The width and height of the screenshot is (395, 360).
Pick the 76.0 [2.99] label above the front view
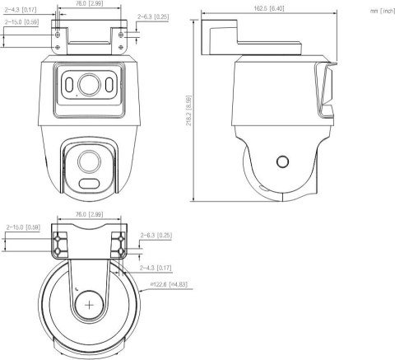pos(87,3)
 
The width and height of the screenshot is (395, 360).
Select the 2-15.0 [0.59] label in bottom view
pos(23,227)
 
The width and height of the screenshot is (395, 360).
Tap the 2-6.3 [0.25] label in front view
pos(154,16)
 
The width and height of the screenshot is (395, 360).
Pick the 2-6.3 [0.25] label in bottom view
pos(156,236)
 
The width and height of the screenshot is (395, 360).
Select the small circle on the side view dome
pos(282,162)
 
